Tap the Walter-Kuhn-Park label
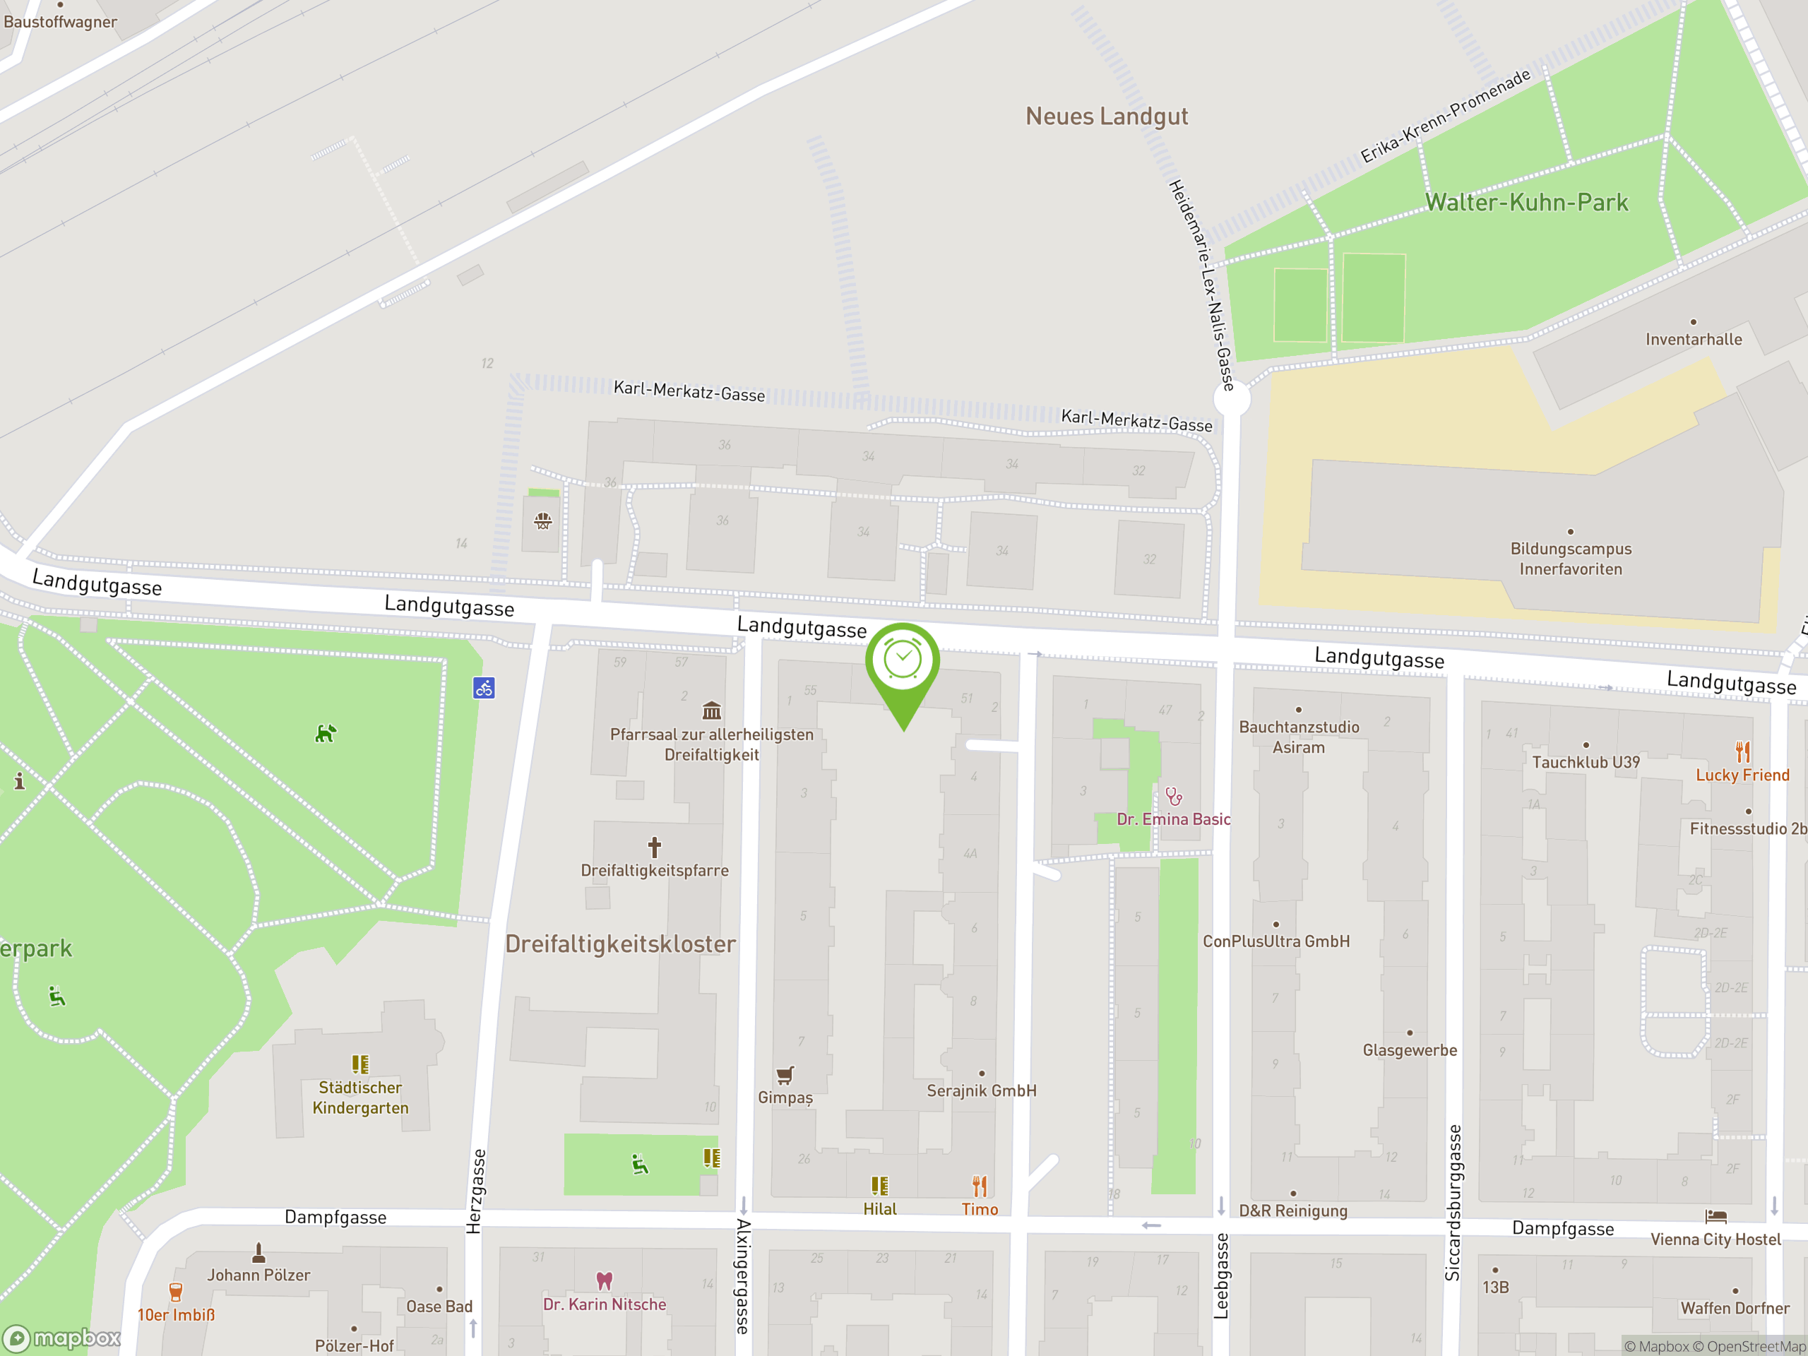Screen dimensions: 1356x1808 1526,203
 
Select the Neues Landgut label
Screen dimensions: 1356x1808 1107,117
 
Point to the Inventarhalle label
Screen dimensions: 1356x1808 1694,339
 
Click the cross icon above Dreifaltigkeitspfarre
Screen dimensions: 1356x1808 655,847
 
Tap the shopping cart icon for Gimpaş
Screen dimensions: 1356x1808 785,1075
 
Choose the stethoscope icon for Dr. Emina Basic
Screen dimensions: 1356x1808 1174,796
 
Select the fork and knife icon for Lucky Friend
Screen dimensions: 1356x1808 1742,751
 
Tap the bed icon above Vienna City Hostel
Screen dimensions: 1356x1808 1715,1217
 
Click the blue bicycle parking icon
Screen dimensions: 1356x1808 484,688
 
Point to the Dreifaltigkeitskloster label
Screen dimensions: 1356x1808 620,944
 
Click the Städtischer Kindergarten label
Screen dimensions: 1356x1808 359,1098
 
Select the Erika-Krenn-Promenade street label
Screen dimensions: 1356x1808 1445,115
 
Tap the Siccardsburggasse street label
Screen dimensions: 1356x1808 1453,1202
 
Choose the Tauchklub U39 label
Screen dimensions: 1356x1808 1586,763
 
